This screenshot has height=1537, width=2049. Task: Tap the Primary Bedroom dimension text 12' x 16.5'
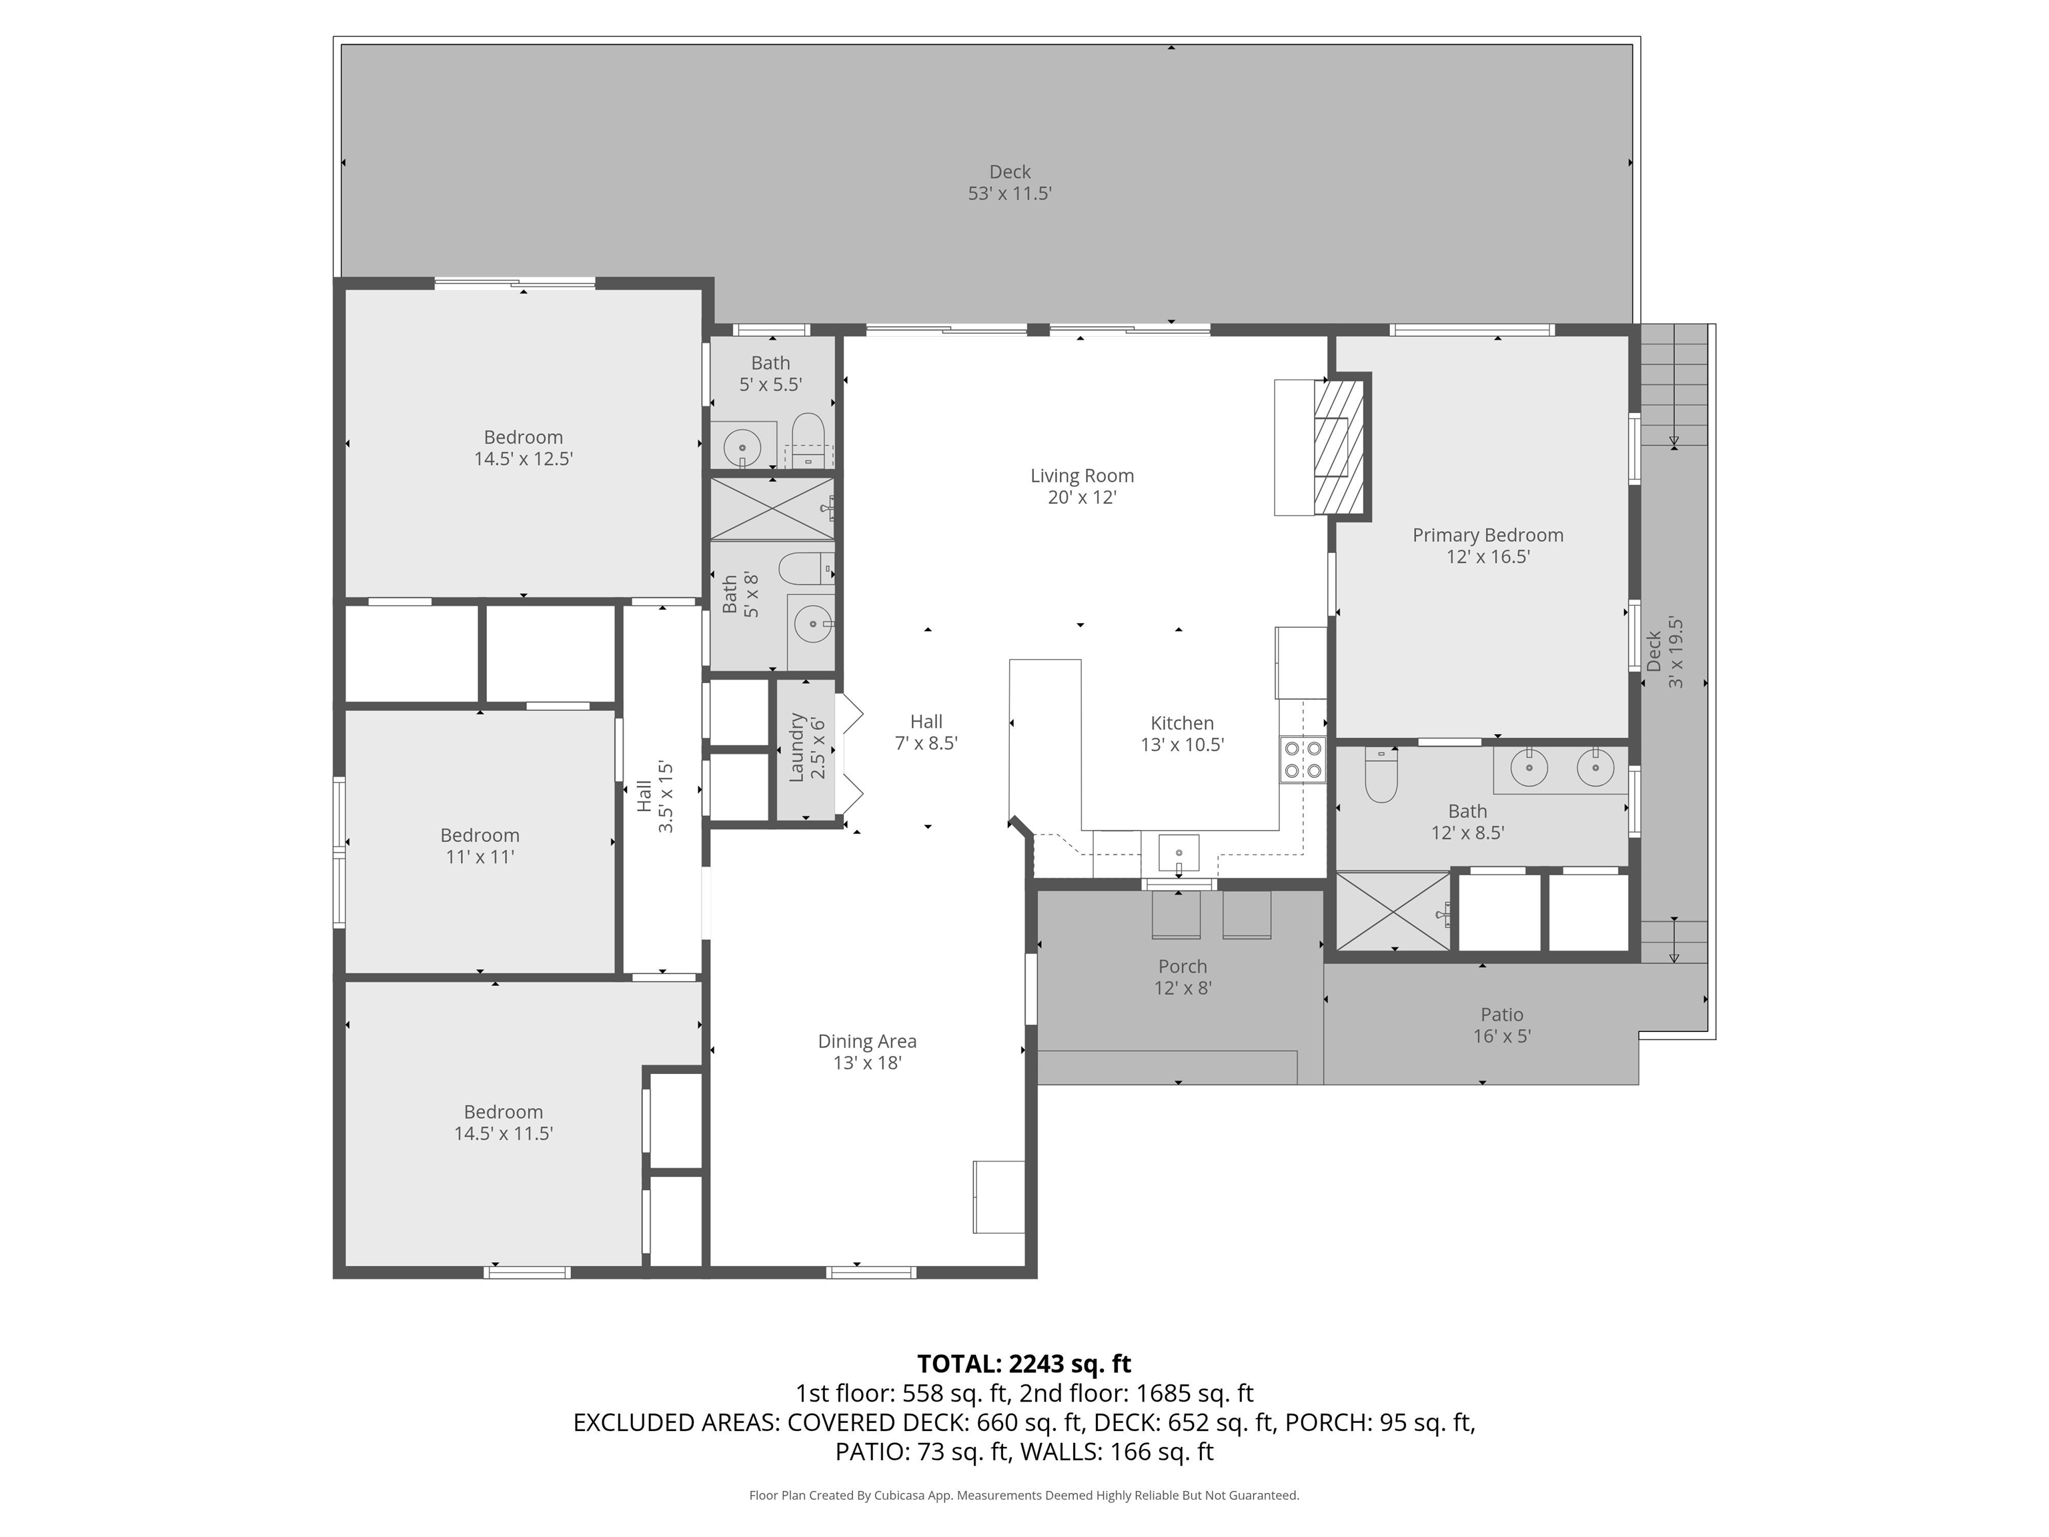1487,557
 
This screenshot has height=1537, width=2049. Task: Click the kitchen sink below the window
1179,853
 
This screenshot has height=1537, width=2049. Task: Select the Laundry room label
796,746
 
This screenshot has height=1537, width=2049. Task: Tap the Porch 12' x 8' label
1182,977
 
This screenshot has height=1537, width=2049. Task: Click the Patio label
1501,1015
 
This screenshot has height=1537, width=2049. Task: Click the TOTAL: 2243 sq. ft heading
1024,1363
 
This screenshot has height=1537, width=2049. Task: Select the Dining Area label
866,1041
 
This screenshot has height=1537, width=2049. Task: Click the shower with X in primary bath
1392,912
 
